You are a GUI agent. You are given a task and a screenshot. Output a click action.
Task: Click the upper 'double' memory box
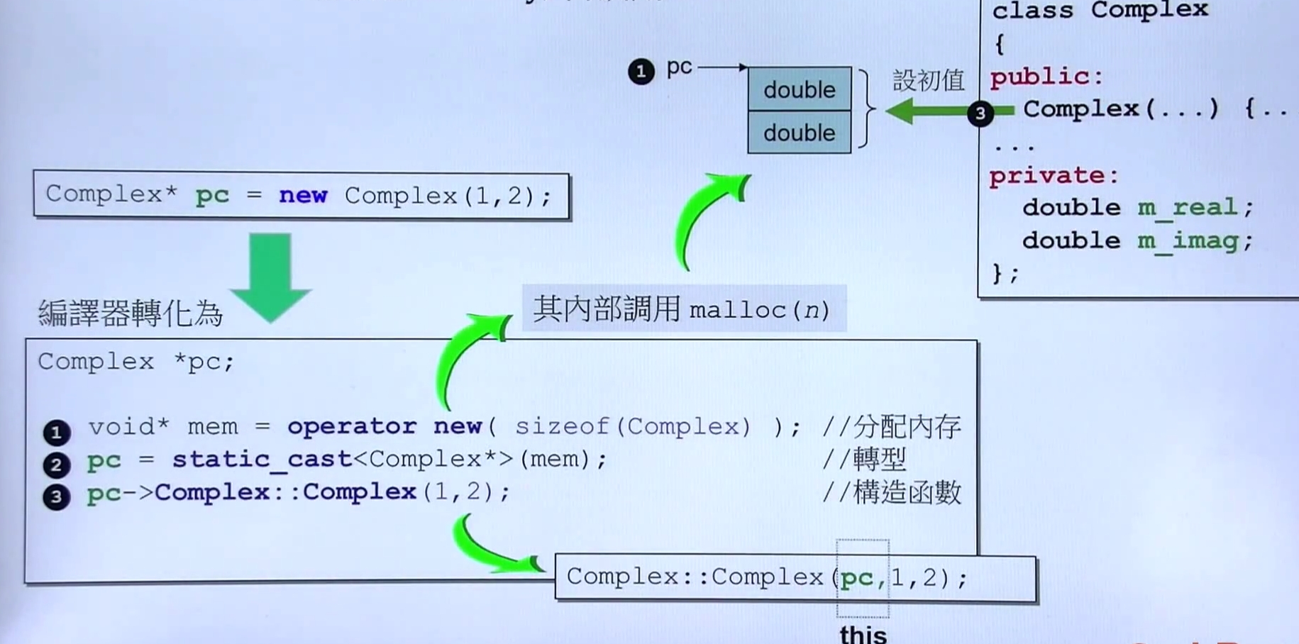[x=800, y=89]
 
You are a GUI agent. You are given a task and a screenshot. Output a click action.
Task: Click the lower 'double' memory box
[x=800, y=133]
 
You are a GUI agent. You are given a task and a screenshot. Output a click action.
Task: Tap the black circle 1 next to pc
[x=641, y=72]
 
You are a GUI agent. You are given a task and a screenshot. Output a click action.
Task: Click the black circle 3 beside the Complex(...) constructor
[x=980, y=113]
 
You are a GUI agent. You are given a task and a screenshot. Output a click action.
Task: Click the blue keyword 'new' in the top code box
[x=303, y=195]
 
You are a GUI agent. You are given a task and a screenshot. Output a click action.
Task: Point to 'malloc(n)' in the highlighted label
[x=759, y=311]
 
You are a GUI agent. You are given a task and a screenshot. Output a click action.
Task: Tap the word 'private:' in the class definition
[x=1054, y=175]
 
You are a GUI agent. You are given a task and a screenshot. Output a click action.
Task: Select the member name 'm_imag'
[x=1188, y=240]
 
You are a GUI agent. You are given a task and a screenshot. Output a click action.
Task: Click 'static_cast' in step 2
[x=262, y=460]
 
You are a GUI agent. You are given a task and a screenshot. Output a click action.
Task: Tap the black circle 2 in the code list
[x=57, y=465]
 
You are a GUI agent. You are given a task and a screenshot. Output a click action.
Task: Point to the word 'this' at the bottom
[x=863, y=633]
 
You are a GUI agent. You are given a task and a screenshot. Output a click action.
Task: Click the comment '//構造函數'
[x=891, y=492]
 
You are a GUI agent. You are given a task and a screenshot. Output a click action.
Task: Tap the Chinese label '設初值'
[x=928, y=81]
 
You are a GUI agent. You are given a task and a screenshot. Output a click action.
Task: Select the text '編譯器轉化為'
[x=131, y=313]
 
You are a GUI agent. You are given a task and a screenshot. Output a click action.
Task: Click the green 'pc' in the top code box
[x=212, y=195]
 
